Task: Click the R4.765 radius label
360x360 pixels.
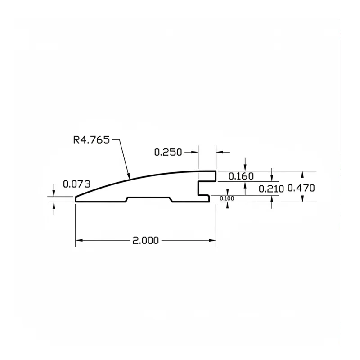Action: pos(91,140)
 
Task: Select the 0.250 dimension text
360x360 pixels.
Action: pos(168,152)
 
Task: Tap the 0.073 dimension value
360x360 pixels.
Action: pos(76,184)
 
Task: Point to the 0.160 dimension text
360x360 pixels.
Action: pos(241,176)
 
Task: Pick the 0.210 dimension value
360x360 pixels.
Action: pos(271,189)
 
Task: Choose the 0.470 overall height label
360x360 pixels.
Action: pos(301,188)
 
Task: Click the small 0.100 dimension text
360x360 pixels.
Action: pos(227,198)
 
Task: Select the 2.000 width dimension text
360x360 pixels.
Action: pos(145,240)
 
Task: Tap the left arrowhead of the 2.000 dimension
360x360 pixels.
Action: pos(79,240)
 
